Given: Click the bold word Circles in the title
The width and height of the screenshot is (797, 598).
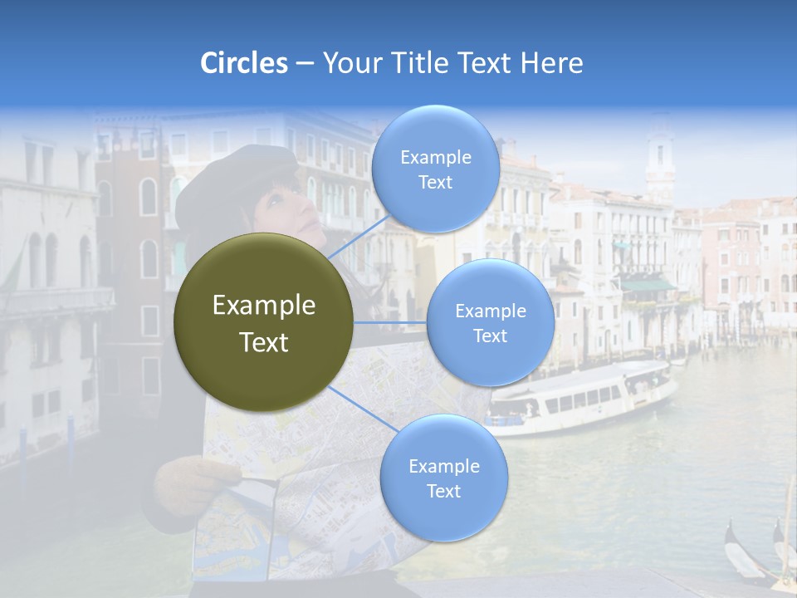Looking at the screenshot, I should click(244, 63).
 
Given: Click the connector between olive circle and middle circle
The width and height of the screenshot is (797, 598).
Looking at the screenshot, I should click(390, 322).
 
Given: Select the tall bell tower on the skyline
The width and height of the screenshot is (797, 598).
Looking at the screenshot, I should click(660, 158).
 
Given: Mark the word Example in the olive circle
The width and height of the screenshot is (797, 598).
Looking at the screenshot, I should click(263, 306).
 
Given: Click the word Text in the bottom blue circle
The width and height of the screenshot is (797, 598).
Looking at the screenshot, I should click(443, 491).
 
